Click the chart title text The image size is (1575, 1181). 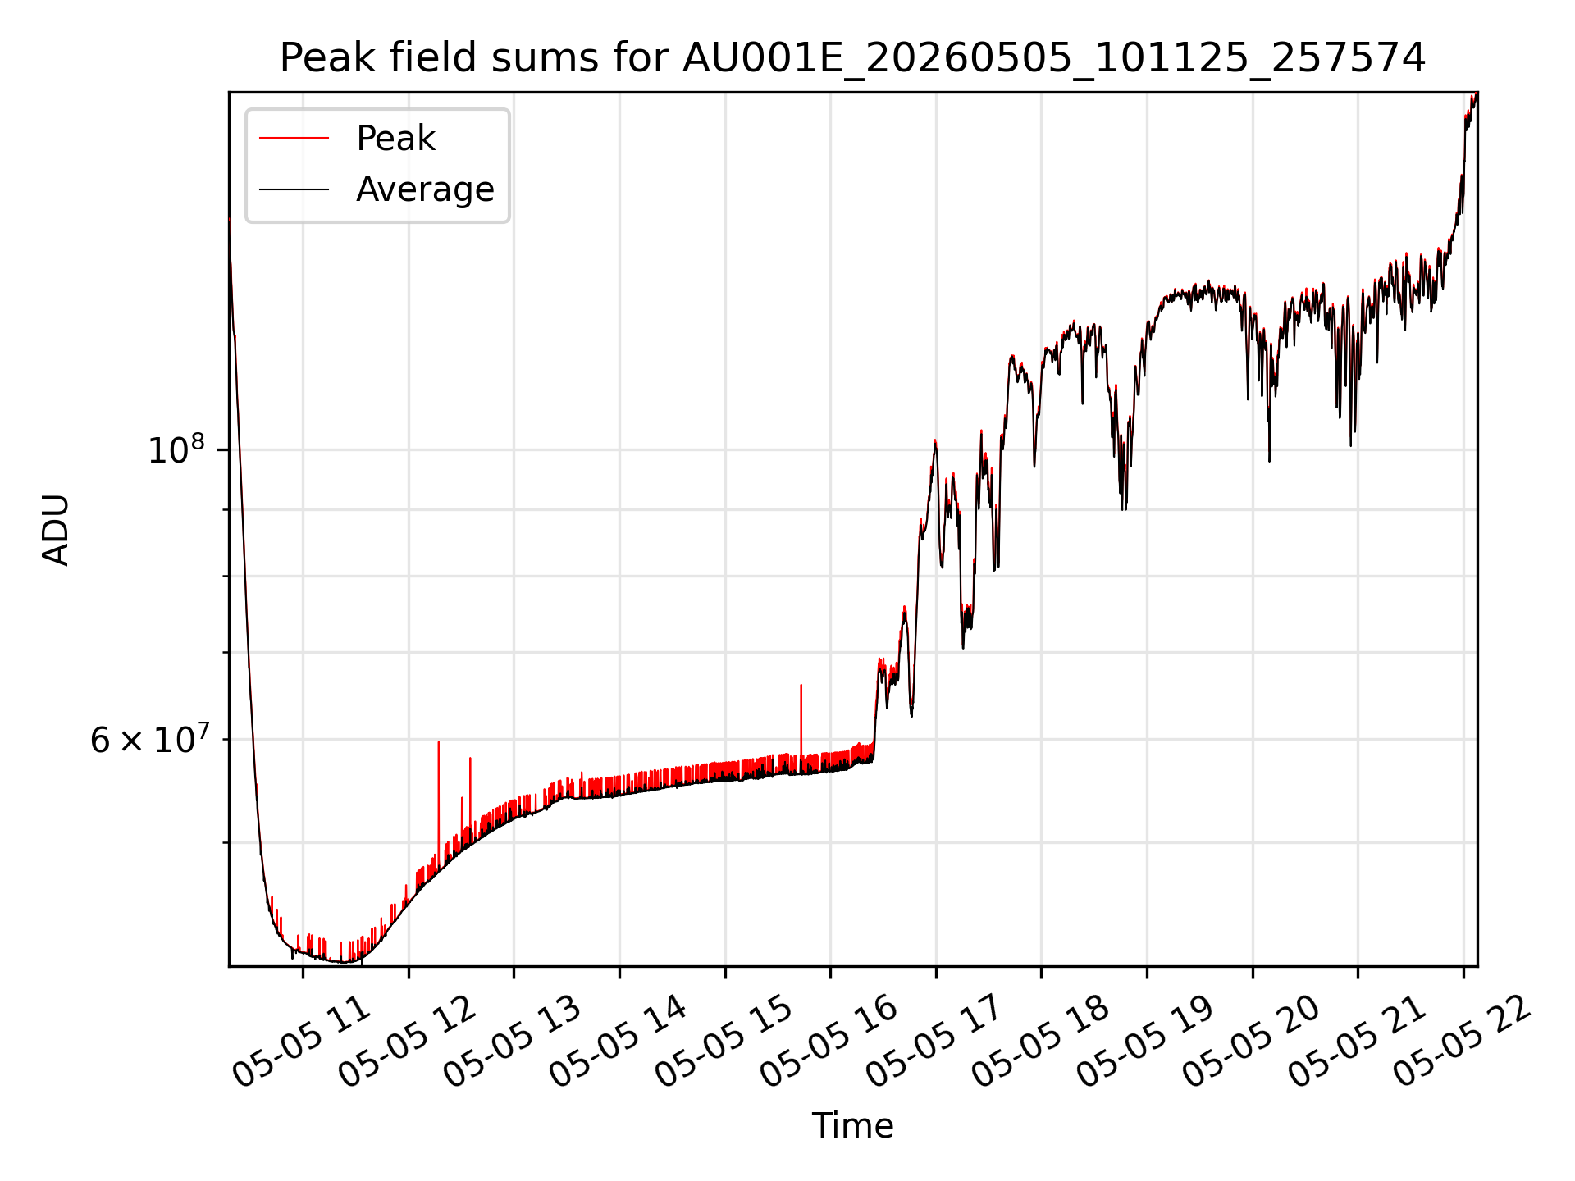tap(853, 58)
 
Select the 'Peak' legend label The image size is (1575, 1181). tap(395, 139)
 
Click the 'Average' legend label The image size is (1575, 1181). tap(425, 189)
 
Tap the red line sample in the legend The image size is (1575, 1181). tap(294, 139)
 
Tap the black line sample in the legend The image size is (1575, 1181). tap(294, 189)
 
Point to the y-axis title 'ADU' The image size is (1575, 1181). tap(57, 530)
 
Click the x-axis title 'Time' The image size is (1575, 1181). tap(852, 1125)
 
